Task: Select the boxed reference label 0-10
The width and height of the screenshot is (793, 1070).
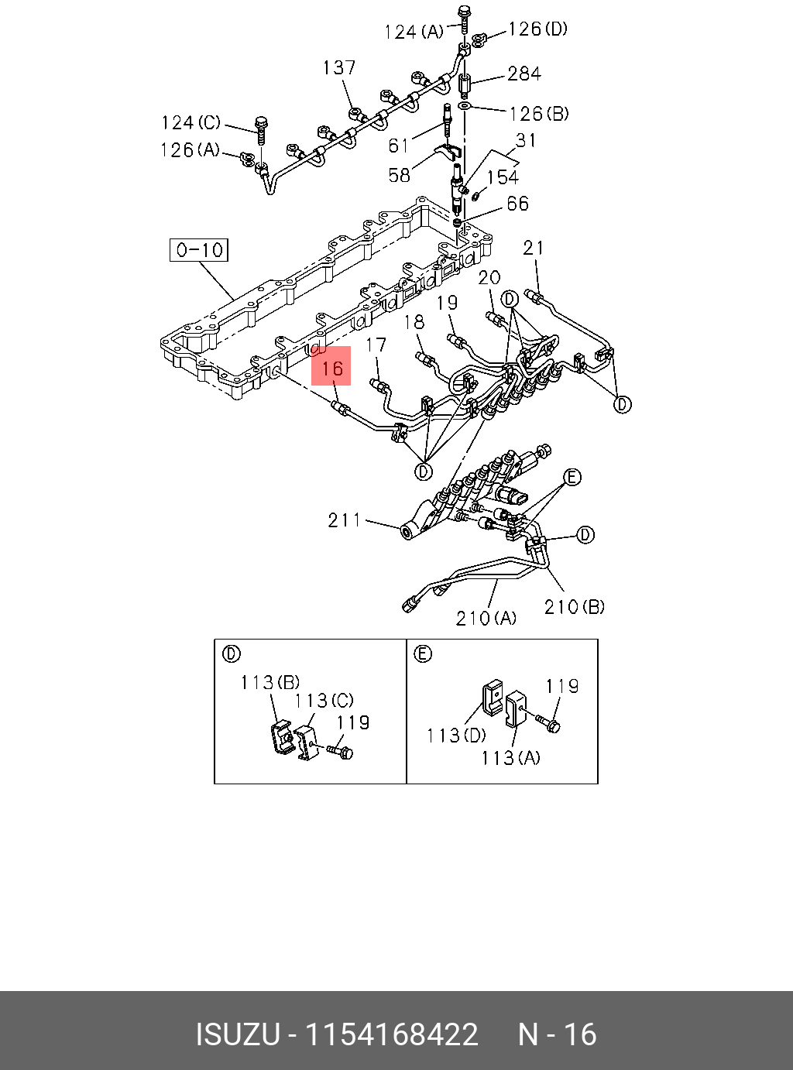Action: (199, 250)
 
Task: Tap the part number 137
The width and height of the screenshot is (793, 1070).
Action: (339, 68)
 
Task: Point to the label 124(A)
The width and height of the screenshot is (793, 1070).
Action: (414, 32)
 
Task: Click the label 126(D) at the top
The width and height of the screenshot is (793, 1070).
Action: (537, 29)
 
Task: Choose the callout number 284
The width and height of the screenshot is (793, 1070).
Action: (524, 74)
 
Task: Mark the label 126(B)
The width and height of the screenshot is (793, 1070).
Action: (538, 114)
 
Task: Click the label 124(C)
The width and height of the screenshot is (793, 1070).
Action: (191, 123)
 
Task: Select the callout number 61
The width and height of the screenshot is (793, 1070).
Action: (399, 146)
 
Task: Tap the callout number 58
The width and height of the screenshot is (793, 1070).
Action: (399, 175)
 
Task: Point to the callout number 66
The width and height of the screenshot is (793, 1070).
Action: (517, 204)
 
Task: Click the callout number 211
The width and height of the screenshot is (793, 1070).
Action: (344, 520)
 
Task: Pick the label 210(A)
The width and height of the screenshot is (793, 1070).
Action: (486, 618)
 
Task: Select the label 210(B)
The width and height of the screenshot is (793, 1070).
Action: (574, 607)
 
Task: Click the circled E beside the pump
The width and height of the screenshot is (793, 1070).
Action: (572, 477)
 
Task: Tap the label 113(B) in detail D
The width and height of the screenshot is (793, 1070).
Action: (269, 682)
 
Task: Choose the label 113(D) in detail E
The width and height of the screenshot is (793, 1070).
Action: (456, 735)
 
